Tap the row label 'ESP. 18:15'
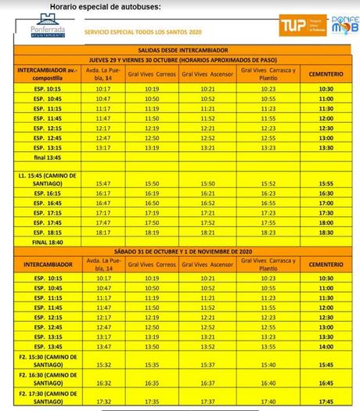point(44,233)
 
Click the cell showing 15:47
point(103,182)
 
